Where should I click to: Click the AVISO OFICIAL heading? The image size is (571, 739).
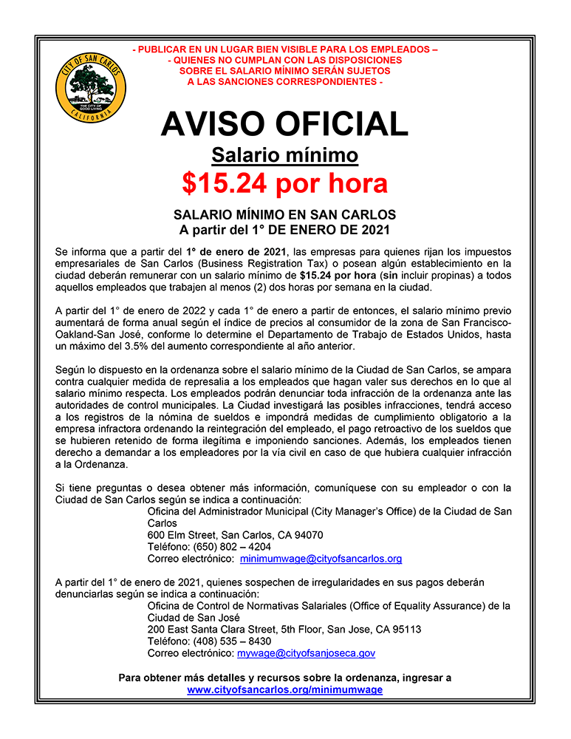point(284,123)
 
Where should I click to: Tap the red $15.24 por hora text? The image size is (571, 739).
point(284,183)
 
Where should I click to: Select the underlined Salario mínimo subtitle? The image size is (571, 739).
point(284,155)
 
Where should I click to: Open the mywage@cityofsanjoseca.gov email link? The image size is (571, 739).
point(306,653)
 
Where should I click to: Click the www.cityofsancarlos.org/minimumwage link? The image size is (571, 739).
point(284,689)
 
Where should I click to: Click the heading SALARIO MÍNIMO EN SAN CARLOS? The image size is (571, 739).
point(284,215)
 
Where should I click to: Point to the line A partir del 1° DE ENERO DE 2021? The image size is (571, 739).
point(284,230)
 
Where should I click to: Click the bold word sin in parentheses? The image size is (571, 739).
point(389,275)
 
